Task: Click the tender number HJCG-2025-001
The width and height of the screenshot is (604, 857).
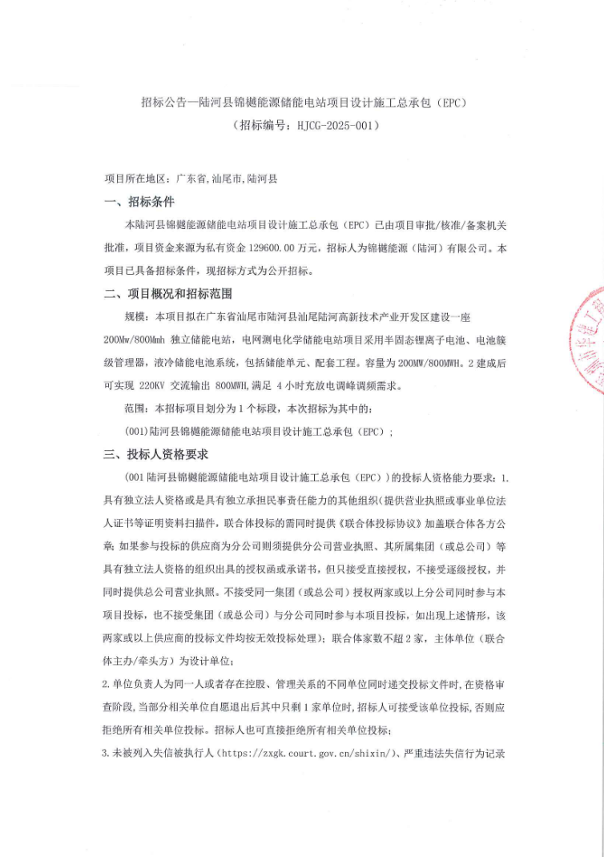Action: point(334,126)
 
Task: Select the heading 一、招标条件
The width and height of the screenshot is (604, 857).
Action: point(139,202)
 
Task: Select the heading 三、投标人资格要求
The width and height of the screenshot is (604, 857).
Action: point(156,454)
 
